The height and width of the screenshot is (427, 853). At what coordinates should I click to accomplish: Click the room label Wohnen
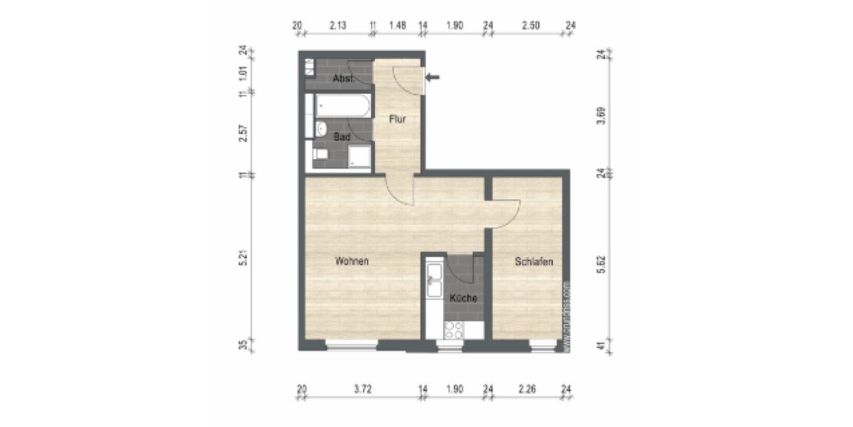click(352, 261)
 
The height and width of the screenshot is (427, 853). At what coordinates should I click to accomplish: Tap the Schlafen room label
click(534, 262)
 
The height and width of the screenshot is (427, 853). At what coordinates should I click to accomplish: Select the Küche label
click(462, 298)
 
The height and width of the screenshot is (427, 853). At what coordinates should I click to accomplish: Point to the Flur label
click(397, 119)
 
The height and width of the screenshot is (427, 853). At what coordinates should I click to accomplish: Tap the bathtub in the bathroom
click(342, 107)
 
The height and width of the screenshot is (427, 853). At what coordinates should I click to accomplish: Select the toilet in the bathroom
click(321, 154)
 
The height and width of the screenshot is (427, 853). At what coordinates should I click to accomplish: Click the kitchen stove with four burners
click(453, 330)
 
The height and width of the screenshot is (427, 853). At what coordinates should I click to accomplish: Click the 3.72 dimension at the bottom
click(362, 389)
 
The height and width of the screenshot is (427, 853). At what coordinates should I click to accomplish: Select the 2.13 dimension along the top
click(338, 26)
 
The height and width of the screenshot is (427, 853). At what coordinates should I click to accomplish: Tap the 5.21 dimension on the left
click(243, 260)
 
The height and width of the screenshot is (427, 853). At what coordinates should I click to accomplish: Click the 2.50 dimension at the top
click(530, 26)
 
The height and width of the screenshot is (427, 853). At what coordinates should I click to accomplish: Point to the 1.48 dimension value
click(397, 26)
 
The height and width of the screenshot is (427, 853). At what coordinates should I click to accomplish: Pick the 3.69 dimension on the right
click(601, 115)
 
